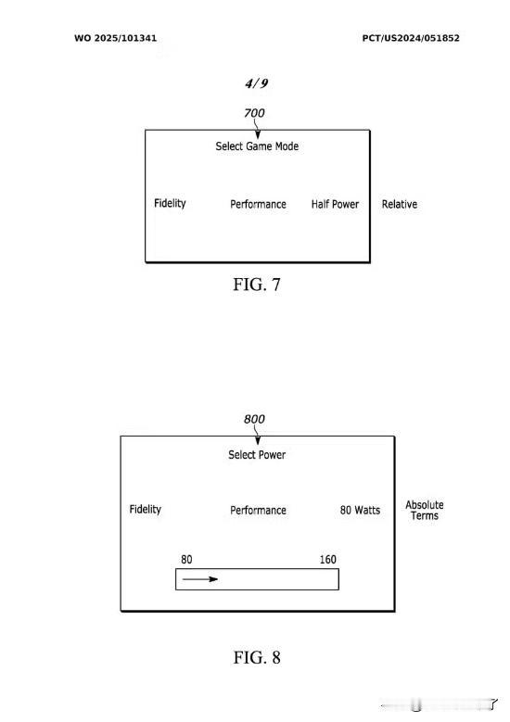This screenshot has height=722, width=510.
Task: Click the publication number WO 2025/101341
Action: tap(115, 38)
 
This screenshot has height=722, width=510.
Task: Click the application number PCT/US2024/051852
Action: tap(411, 38)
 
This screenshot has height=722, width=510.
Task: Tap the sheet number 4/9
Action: tap(257, 83)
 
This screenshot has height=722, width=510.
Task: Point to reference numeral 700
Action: tap(254, 113)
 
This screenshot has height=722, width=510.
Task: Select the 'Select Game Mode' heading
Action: tap(257, 146)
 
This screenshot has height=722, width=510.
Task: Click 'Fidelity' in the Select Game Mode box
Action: tap(170, 204)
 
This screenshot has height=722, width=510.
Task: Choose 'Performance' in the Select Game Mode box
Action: tap(258, 205)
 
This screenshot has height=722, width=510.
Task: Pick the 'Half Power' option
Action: tap(335, 205)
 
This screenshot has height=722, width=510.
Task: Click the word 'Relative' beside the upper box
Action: tap(400, 205)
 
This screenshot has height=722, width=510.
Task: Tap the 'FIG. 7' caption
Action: tap(257, 285)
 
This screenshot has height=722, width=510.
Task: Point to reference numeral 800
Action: tap(254, 419)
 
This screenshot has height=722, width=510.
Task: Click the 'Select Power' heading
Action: tap(257, 455)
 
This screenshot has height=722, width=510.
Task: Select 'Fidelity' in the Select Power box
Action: tap(146, 510)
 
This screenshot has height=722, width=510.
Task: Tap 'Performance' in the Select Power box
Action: tap(258, 510)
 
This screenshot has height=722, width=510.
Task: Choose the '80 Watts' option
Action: tap(361, 510)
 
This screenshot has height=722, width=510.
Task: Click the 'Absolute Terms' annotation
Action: tap(425, 510)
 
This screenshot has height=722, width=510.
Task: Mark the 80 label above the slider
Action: tap(186, 560)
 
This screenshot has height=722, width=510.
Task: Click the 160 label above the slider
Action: tap(328, 560)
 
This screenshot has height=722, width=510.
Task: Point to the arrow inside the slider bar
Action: tap(200, 578)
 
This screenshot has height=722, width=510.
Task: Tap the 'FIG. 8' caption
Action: tap(257, 657)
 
